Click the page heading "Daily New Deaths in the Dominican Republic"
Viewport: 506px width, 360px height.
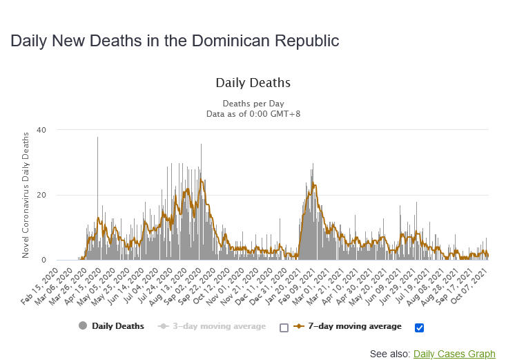[175, 41]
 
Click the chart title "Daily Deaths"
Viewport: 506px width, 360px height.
[253, 83]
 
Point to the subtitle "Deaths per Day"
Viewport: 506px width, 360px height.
[253, 104]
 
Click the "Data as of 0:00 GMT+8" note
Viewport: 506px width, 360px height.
[253, 114]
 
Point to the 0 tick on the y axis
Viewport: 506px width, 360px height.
[43, 260]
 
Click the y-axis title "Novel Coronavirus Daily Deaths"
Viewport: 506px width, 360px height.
[26, 195]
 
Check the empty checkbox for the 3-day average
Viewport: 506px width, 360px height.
[284, 328]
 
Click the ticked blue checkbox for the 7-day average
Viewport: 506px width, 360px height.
[419, 328]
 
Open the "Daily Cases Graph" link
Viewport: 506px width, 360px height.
[454, 354]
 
